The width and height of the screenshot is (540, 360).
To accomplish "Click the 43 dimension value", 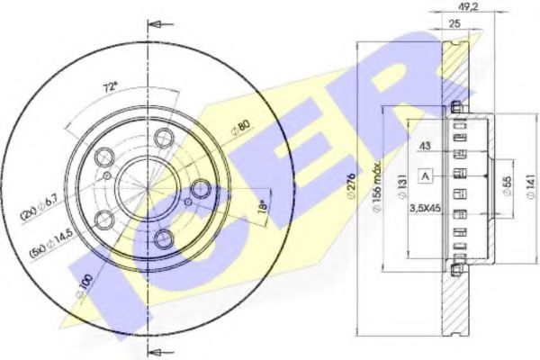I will click(423, 148).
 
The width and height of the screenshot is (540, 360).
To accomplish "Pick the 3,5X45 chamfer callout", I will click(424, 209).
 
